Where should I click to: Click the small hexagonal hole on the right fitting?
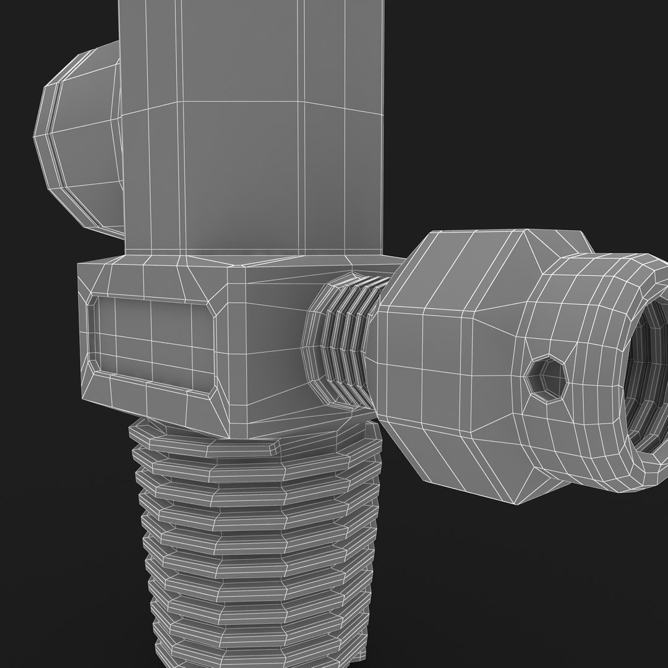(546, 379)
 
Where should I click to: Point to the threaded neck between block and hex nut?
(340, 340)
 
